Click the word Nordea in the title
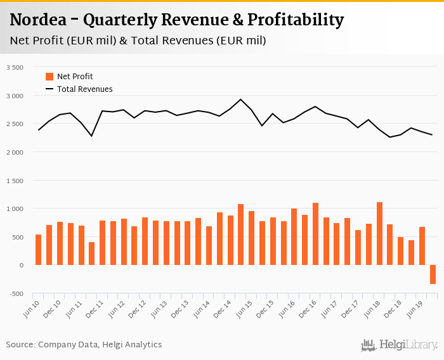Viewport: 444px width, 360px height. [x=39, y=20]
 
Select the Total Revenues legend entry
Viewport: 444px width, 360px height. [x=84, y=89]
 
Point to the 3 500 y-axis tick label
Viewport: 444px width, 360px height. [x=14, y=67]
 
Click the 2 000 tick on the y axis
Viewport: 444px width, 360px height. [x=14, y=152]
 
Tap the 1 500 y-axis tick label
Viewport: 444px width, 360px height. [x=14, y=181]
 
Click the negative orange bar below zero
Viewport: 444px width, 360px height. [x=433, y=274]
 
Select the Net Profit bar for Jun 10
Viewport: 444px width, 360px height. [x=38, y=250]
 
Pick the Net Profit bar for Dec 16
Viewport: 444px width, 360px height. [x=315, y=234]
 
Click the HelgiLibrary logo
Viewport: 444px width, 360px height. [x=399, y=345]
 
